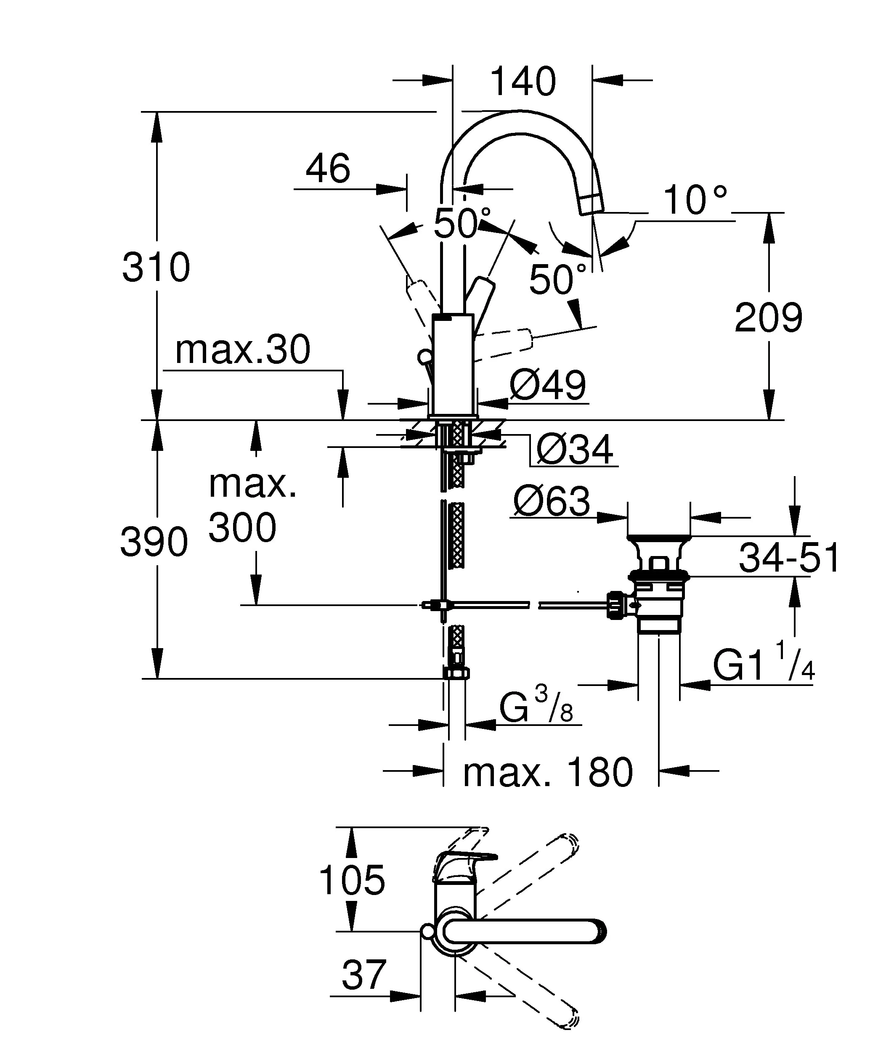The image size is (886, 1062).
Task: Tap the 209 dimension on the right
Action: (x=768, y=318)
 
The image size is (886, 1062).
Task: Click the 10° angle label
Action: (x=695, y=200)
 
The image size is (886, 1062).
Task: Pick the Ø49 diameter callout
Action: (x=548, y=385)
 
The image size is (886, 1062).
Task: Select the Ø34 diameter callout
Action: (x=575, y=449)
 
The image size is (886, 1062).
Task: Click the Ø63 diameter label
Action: (x=551, y=502)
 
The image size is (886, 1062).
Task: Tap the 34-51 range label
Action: (x=789, y=558)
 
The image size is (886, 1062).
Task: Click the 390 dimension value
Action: (x=154, y=542)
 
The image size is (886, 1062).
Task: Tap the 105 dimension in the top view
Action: (x=352, y=880)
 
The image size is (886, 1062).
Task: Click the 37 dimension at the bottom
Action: (x=363, y=975)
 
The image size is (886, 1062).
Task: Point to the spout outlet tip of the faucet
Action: (x=591, y=205)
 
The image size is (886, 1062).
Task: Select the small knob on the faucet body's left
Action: (x=424, y=357)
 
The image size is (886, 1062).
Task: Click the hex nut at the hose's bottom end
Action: (x=456, y=673)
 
